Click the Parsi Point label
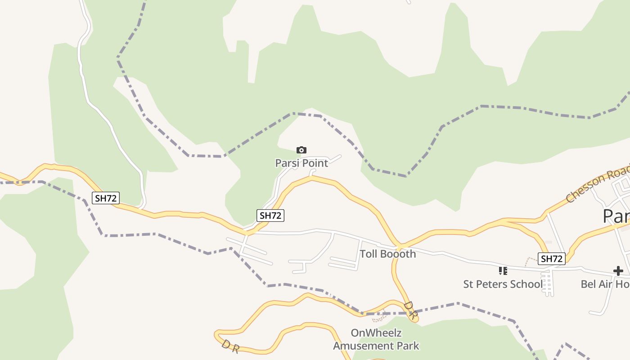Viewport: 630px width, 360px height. tap(301, 163)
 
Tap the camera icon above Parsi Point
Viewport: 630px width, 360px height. tap(301, 150)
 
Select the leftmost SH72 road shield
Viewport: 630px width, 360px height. tap(106, 198)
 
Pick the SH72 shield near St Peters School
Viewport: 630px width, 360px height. tap(552, 259)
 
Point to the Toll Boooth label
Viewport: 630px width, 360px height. tap(387, 254)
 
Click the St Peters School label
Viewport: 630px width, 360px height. tap(503, 284)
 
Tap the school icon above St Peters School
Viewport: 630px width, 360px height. tap(503, 271)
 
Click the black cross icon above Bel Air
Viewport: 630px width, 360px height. tap(618, 271)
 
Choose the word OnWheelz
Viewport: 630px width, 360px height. tap(376, 333)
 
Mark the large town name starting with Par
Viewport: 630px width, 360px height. tap(616, 216)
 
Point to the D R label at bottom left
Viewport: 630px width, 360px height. tap(230, 346)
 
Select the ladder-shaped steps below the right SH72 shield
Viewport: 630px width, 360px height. tap(548, 284)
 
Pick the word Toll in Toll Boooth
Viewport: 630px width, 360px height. tap(368, 254)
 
